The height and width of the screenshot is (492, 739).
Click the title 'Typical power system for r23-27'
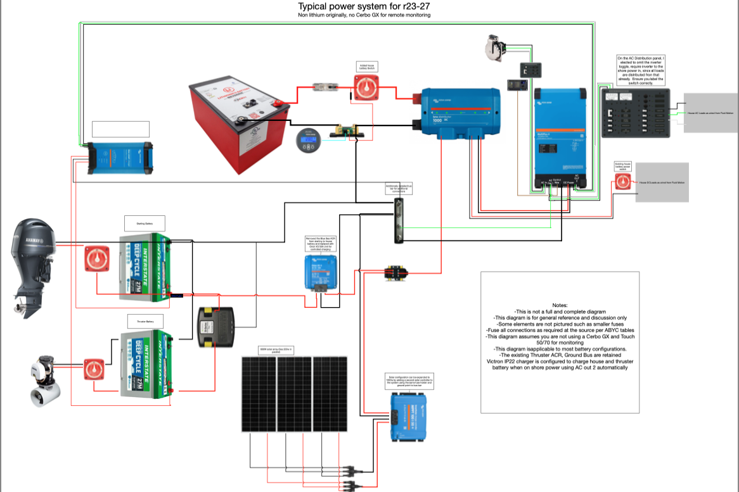(x=369, y=6)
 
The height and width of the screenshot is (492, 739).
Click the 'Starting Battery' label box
(x=144, y=223)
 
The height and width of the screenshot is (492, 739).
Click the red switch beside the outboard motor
(x=98, y=259)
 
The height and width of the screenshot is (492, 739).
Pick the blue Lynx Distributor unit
(x=460, y=115)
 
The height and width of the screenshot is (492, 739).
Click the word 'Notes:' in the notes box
(x=560, y=305)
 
